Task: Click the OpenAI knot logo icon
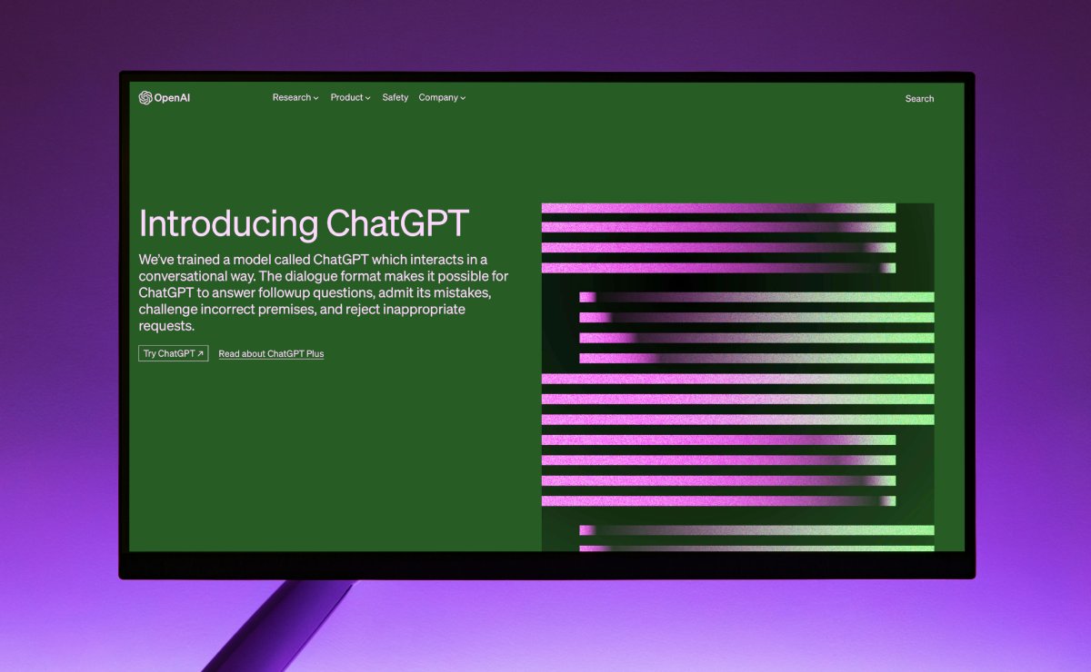pos(145,98)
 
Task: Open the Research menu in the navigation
pos(295,97)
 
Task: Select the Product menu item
pos(350,97)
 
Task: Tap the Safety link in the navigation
pos(395,97)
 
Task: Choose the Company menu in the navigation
pos(442,97)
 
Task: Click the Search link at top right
pos(919,98)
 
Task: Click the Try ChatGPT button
pos(174,353)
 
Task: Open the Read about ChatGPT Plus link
pos(271,354)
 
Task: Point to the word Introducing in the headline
pos(228,223)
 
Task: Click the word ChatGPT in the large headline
pos(397,223)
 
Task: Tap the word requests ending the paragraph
pos(166,326)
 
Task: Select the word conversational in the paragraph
pos(183,276)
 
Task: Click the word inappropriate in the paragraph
pos(424,310)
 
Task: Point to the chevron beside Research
pos(315,98)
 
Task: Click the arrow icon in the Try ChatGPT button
pos(200,353)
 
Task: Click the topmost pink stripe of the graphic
pos(718,208)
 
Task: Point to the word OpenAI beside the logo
pos(172,98)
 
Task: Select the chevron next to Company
pos(463,98)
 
